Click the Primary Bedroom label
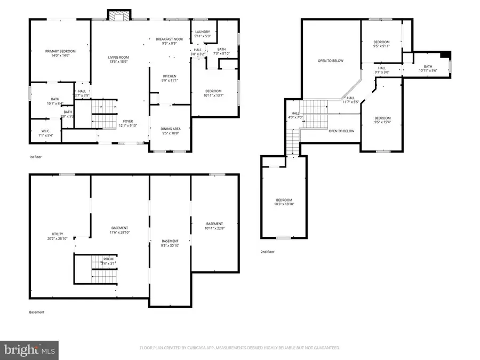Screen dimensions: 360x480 pyautogui.click(x=60, y=51)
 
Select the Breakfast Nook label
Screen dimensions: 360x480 pyautogui.click(x=169, y=39)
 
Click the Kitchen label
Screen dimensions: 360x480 pyautogui.click(x=169, y=76)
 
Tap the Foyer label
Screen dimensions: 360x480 pyautogui.click(x=128, y=121)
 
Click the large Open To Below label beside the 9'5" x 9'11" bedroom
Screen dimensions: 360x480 pyautogui.click(x=331, y=61)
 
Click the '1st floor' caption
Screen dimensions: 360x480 pyautogui.click(x=36, y=157)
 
